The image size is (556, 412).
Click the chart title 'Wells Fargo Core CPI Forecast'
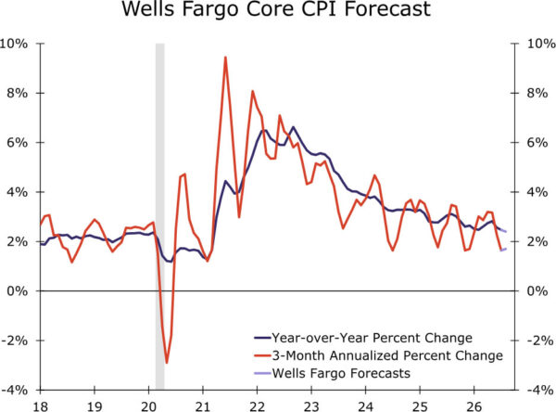coord(276,8)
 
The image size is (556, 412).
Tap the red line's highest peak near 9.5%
coord(225,58)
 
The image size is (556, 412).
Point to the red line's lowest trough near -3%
coord(166,363)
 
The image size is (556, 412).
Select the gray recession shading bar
coord(160,216)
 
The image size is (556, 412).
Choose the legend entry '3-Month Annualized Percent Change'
coord(378,355)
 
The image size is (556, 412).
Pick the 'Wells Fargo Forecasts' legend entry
coord(333,373)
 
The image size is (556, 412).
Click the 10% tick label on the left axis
coord(14,44)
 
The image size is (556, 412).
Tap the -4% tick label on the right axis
coord(540,390)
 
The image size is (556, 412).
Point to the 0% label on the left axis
coord(18,290)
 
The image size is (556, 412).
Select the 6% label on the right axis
coord(537,142)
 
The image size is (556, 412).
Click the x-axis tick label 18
coord(41,406)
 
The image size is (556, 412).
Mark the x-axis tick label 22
coord(257,406)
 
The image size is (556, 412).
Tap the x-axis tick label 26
coord(474,406)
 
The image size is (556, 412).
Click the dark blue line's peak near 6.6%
coord(293,127)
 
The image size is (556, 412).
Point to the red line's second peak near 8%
coord(252,91)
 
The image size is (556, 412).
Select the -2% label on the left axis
coord(15,341)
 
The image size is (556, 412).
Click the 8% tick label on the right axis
coord(537,93)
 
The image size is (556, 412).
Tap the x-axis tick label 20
coord(148,406)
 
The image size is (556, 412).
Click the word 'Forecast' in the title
coord(387,8)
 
